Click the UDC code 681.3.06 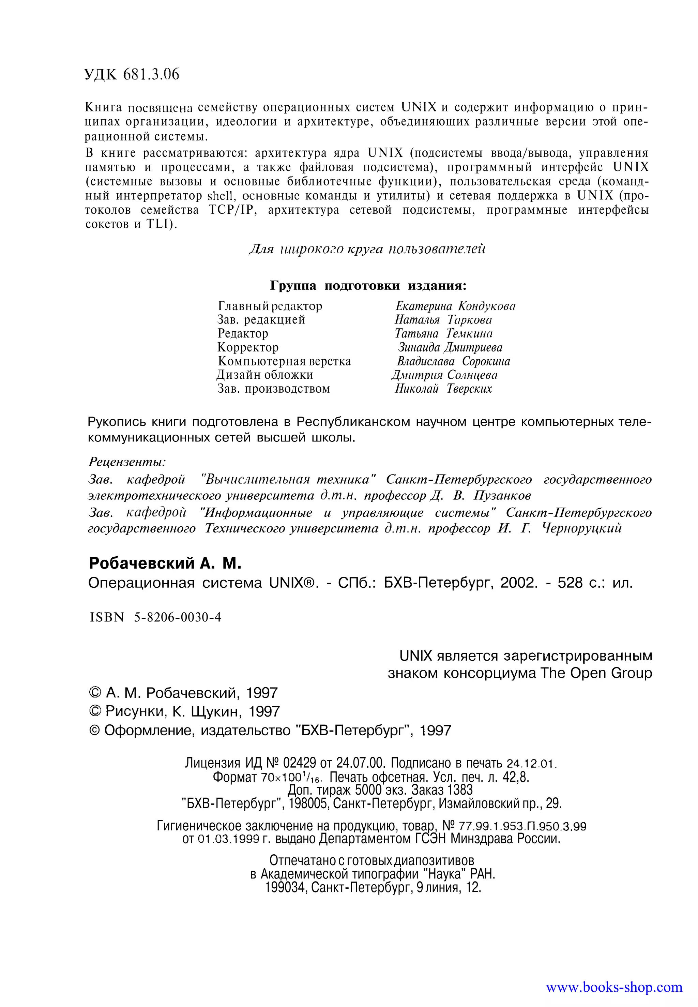pyautogui.click(x=151, y=74)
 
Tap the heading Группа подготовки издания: pyautogui.click(x=368, y=286)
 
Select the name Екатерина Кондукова pyautogui.click(x=455, y=306)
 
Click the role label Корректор pyautogui.click(x=248, y=347)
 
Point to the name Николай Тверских pyautogui.click(x=443, y=389)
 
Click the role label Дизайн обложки pyautogui.click(x=265, y=375)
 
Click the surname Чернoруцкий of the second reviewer pyautogui.click(x=582, y=528)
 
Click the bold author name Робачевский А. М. pyautogui.click(x=165, y=563)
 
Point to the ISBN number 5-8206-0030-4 pyautogui.click(x=178, y=617)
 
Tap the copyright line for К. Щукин pyautogui.click(x=184, y=712)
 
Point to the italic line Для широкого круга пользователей pyautogui.click(x=367, y=249)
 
